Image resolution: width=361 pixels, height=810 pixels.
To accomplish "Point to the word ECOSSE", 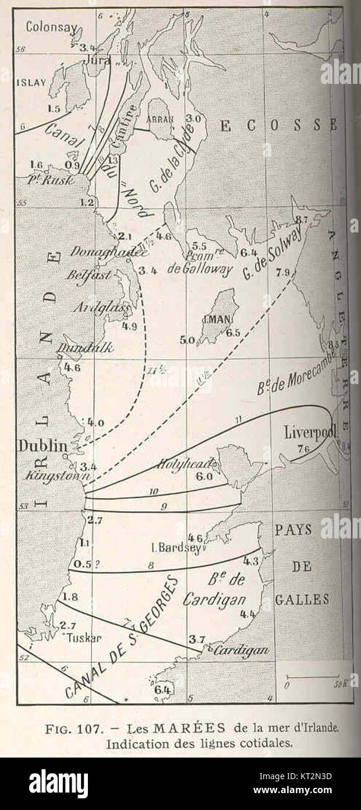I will coord(279,124).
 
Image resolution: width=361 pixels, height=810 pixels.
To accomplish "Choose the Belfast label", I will coord(89,275).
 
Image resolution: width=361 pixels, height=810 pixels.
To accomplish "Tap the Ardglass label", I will coord(100,307).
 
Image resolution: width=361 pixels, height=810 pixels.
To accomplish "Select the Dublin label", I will coord(43,446).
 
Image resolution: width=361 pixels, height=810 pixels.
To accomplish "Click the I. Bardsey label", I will coord(175,548).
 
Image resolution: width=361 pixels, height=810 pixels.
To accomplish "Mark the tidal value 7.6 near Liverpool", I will coord(303,449).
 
